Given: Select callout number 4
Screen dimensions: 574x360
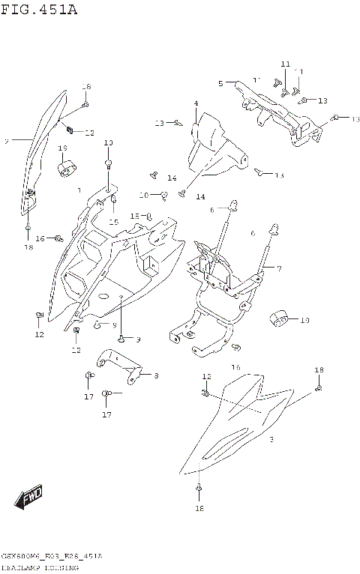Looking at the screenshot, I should coord(196,103).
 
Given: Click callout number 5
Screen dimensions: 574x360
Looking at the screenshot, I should coord(220,83).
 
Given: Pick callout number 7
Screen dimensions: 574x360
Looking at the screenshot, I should coord(278,268).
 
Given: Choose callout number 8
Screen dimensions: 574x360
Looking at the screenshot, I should coord(156,375).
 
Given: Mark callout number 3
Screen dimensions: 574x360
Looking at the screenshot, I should coord(271,440).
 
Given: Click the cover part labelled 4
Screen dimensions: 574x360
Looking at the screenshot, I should coord(216,146).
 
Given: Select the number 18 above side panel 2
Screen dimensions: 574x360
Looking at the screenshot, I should coord(85,87).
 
